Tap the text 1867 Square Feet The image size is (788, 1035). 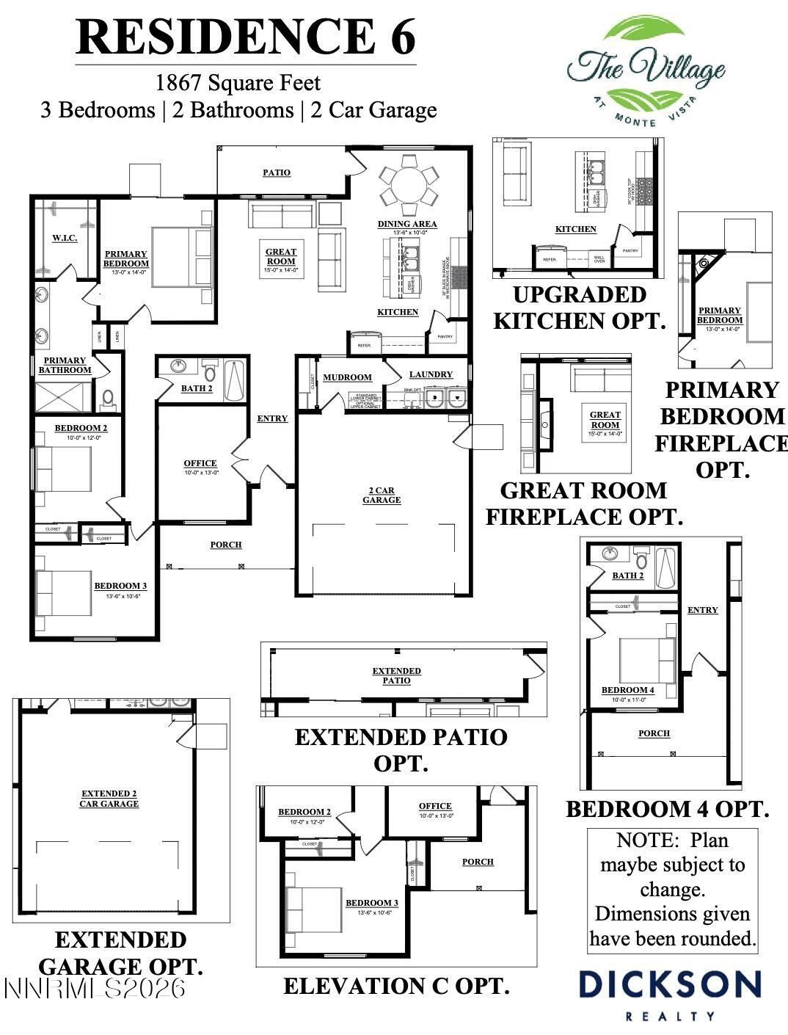coord(238,83)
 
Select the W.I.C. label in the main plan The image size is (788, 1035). coord(65,238)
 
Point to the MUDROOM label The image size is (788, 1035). coord(347,377)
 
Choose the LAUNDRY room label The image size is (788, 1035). coord(431,374)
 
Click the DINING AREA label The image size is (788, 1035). coord(407,224)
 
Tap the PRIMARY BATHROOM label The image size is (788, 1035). coord(65,365)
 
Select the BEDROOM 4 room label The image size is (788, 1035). coord(627,690)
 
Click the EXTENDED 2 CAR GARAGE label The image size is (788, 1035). coord(109,799)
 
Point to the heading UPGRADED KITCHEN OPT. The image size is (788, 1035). coord(579,308)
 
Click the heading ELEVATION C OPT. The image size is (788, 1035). coord(396,986)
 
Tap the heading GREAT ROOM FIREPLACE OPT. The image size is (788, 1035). coord(584,504)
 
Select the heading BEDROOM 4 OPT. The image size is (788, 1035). coord(667,809)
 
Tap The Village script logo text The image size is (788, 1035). coord(646,68)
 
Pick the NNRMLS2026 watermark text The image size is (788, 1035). coord(95,988)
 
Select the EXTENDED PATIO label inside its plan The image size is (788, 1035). coord(396,675)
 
